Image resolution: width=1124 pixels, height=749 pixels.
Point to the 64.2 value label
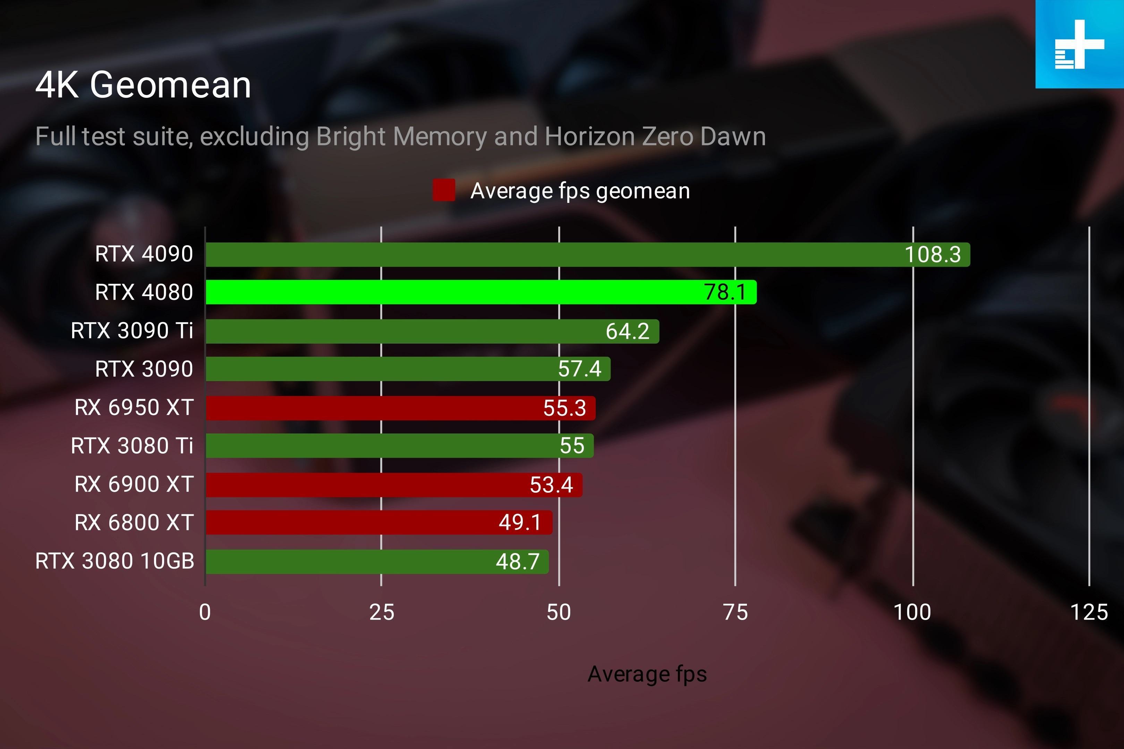(x=628, y=332)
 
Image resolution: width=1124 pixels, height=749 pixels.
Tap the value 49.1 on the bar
(x=520, y=522)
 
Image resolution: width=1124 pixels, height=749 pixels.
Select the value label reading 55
(x=572, y=446)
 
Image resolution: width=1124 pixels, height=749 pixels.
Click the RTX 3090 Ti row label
(x=132, y=330)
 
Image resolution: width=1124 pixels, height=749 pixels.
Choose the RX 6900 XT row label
(x=134, y=484)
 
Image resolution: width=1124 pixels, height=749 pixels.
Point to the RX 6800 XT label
(x=134, y=522)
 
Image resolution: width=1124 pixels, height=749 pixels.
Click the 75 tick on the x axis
(x=735, y=612)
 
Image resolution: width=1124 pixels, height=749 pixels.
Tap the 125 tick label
(x=1089, y=612)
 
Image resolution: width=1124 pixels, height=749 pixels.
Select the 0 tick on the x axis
(x=205, y=612)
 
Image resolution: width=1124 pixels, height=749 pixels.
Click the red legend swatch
(x=443, y=190)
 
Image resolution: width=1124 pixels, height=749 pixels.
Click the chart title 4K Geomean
(x=143, y=85)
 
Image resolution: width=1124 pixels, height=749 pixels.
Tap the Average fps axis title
(x=647, y=674)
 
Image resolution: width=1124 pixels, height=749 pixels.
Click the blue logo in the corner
(x=1080, y=44)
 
